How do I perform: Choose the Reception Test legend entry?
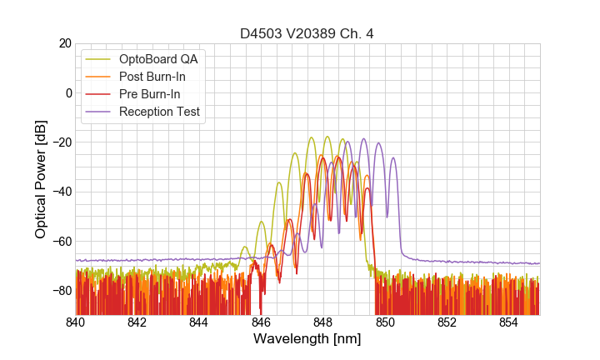[x=159, y=112]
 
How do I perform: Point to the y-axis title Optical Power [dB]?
[x=41, y=178]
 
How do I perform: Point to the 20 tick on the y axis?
[x=64, y=43]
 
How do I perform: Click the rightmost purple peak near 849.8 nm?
[x=379, y=143]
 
